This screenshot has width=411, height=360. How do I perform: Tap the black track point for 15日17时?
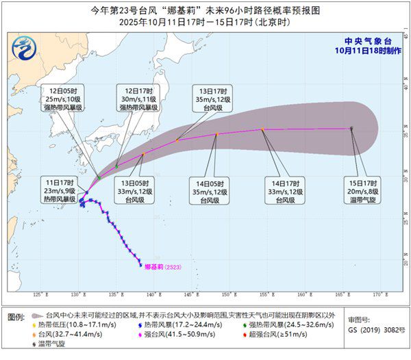click(351, 128)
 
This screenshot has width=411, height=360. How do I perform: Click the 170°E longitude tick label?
click(377, 296)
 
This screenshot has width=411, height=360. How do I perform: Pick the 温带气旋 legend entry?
click(51, 344)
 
